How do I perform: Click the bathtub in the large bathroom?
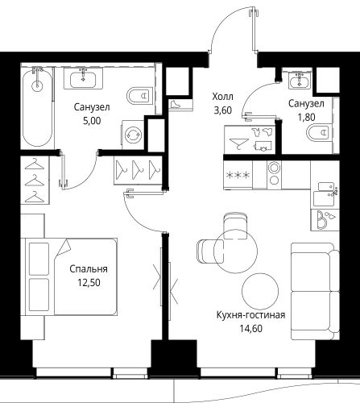click(x=37, y=107)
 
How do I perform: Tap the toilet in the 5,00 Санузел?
click(x=140, y=96)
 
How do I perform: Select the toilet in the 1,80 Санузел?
click(x=320, y=133)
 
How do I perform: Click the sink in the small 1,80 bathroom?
click(x=300, y=81)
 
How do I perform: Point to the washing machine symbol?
click(x=134, y=134)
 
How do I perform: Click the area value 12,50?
click(x=89, y=283)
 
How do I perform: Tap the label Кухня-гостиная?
click(x=250, y=315)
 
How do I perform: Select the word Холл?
click(x=222, y=97)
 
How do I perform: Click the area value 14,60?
click(x=251, y=329)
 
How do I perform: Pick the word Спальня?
click(x=89, y=269)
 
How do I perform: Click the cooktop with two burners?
click(x=274, y=175)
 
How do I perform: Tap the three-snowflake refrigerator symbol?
click(x=238, y=175)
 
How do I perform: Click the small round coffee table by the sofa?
click(x=260, y=292)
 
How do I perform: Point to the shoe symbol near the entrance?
click(x=176, y=104)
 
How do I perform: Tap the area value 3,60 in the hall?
click(x=222, y=110)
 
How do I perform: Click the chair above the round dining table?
click(x=235, y=226)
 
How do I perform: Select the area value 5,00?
click(x=92, y=121)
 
